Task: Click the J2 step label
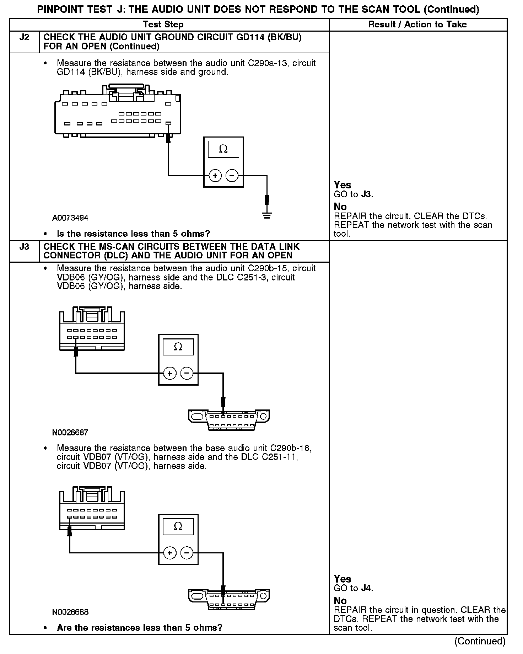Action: point(24,37)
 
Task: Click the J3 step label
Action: point(24,247)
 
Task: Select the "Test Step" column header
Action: point(163,25)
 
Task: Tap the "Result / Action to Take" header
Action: point(417,25)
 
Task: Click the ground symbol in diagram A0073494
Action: point(267,215)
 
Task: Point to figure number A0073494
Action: point(70,218)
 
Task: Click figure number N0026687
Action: point(70,433)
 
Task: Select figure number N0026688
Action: point(70,612)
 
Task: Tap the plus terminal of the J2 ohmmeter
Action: point(215,176)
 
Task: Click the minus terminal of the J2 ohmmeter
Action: point(232,176)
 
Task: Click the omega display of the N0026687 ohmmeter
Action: point(178,347)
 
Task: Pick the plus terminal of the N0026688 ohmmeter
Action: point(170,553)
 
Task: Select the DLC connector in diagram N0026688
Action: point(229,600)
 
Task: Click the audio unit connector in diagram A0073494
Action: point(118,112)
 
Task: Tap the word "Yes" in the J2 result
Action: point(343,185)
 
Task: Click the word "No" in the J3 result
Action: point(340,601)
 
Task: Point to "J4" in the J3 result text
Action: point(367,588)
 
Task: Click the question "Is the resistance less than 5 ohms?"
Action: point(133,234)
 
